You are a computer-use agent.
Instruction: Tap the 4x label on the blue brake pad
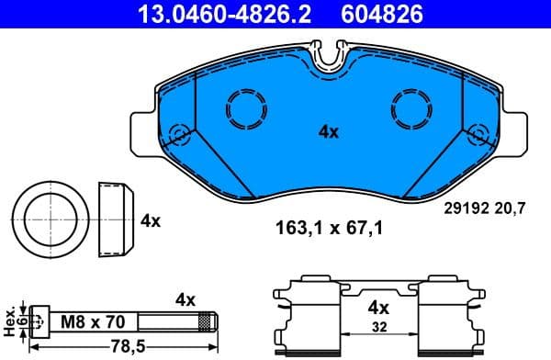[328, 132]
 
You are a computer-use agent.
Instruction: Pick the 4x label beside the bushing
[151, 220]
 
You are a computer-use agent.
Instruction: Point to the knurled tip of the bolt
[207, 322]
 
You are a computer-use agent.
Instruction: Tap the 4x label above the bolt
[186, 298]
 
